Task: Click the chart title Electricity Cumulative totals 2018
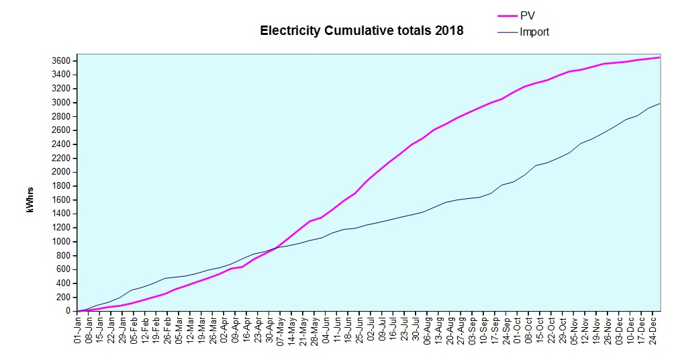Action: (x=361, y=31)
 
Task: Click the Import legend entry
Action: (x=534, y=32)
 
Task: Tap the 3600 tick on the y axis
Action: (x=61, y=61)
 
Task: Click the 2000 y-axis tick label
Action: (x=61, y=172)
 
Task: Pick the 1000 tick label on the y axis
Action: (x=61, y=242)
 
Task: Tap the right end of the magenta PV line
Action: (x=660, y=58)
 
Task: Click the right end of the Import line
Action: (x=660, y=103)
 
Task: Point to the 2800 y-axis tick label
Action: (x=61, y=117)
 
